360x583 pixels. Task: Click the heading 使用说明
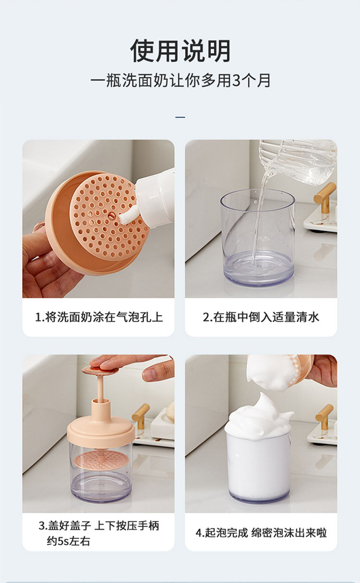coord(180,50)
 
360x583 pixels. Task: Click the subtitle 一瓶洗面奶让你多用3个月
coord(180,81)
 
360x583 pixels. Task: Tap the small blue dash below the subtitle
coord(180,118)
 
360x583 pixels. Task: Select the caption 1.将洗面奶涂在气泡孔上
coord(99,317)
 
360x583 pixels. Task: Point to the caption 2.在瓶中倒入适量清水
coord(261,317)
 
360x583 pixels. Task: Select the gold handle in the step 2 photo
coord(324,198)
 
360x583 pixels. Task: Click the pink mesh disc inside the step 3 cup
coord(100,460)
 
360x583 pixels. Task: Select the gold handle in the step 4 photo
coord(324,417)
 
